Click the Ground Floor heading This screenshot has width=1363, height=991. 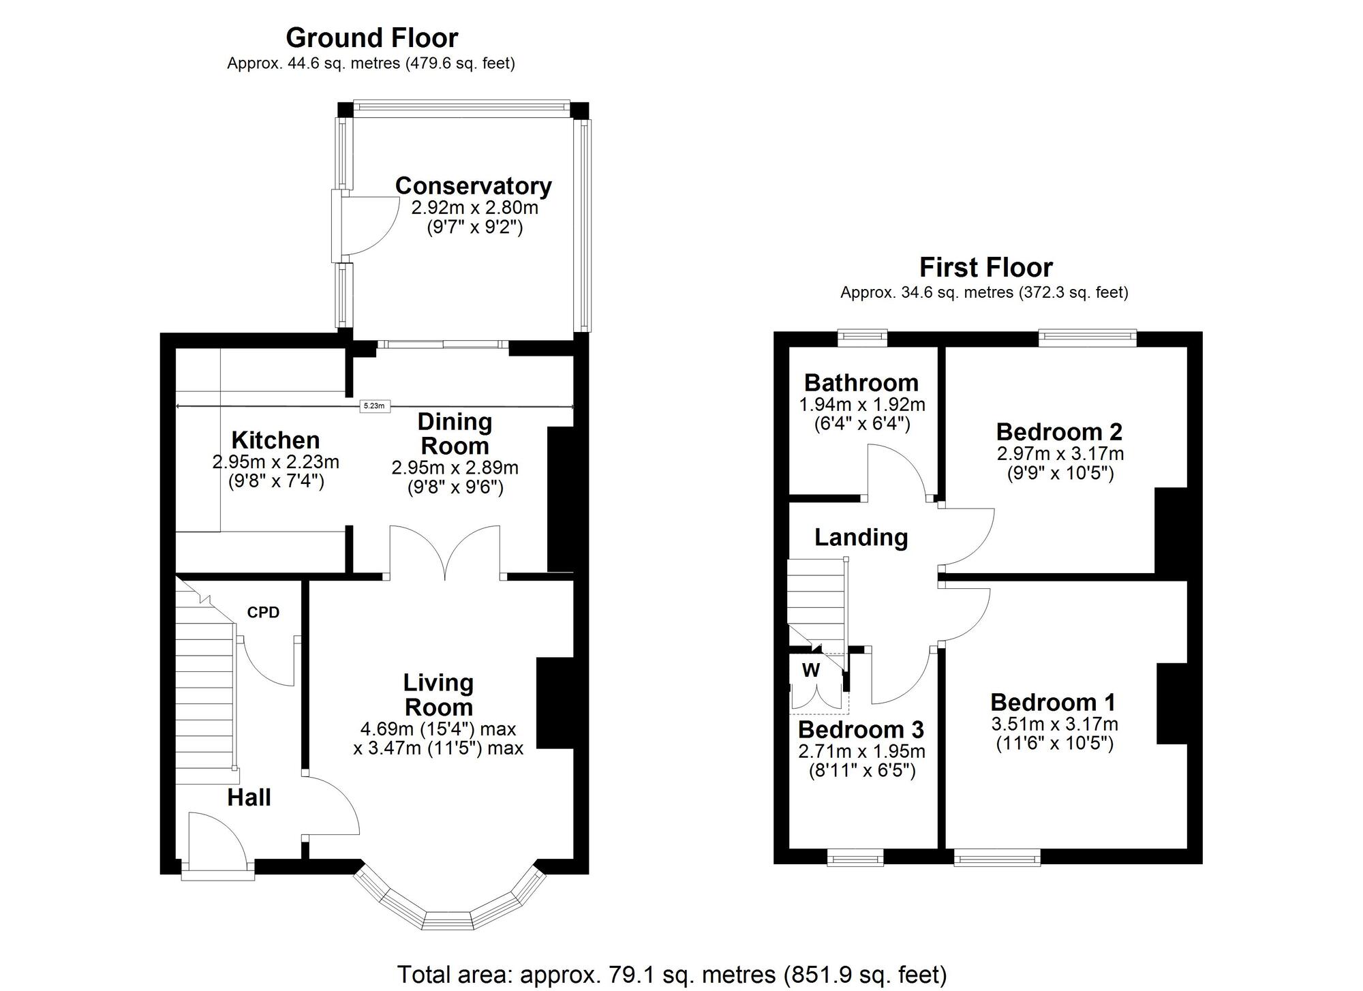pyautogui.click(x=371, y=37)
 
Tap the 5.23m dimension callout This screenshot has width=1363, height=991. pyautogui.click(x=373, y=406)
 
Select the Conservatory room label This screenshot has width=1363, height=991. pyautogui.click(x=473, y=185)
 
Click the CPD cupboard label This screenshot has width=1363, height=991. pyautogui.click(x=263, y=612)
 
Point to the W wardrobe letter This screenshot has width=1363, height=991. pyautogui.click(x=810, y=671)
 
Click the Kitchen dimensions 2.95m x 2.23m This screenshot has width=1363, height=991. pyautogui.click(x=275, y=462)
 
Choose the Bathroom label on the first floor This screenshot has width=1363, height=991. pyautogui.click(x=861, y=382)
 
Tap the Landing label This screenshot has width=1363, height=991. pyautogui.click(x=861, y=537)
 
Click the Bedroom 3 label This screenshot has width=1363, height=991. pyautogui.click(x=861, y=729)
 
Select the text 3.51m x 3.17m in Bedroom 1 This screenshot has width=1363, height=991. pyautogui.click(x=1054, y=724)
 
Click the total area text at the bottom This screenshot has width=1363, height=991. pyautogui.click(x=671, y=975)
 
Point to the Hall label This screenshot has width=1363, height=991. pyautogui.click(x=249, y=797)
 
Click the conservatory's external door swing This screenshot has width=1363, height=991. pyautogui.click(x=371, y=225)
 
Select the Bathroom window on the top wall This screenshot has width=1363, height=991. pyautogui.click(x=862, y=336)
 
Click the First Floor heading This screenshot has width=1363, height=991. pyautogui.click(x=985, y=267)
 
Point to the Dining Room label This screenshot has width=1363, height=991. pyautogui.click(x=455, y=433)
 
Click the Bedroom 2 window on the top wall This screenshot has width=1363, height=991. pyautogui.click(x=1087, y=336)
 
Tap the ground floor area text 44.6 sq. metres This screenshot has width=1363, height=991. pyautogui.click(x=371, y=63)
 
